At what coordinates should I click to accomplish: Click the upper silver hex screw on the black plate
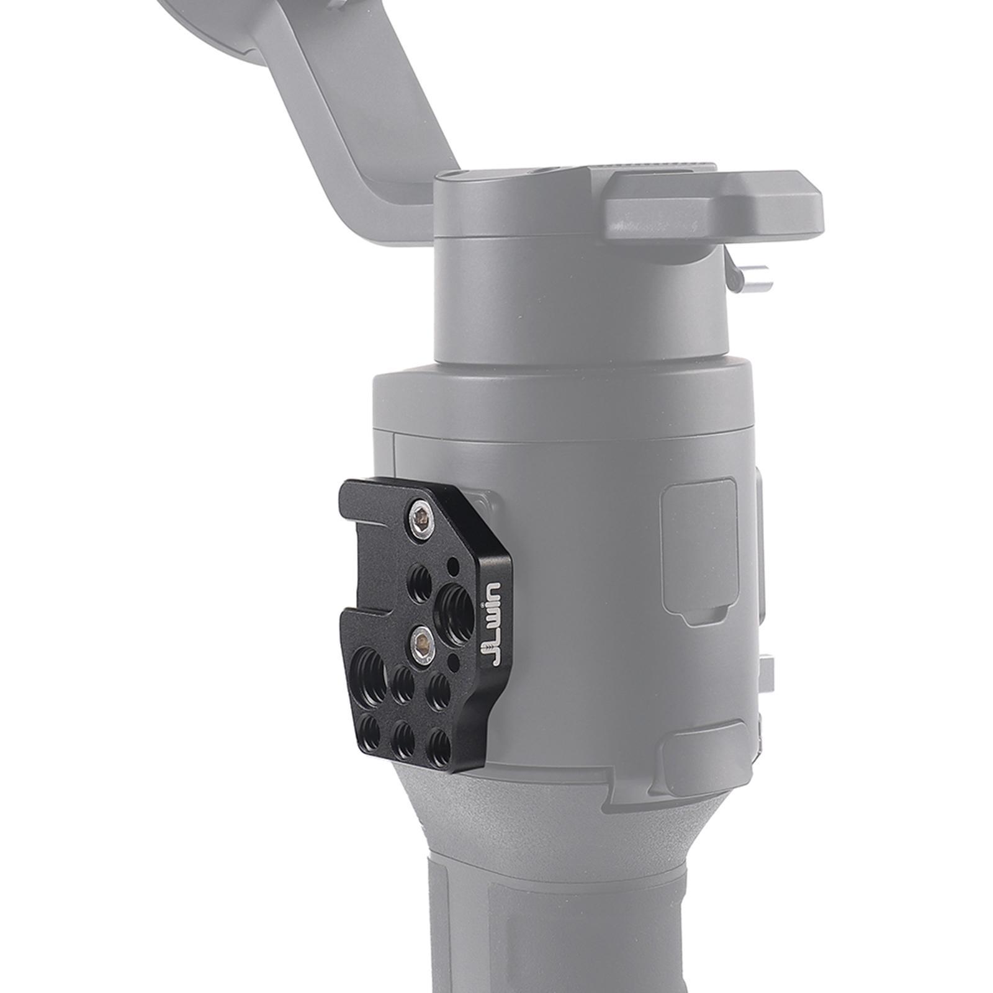coord(419,514)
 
